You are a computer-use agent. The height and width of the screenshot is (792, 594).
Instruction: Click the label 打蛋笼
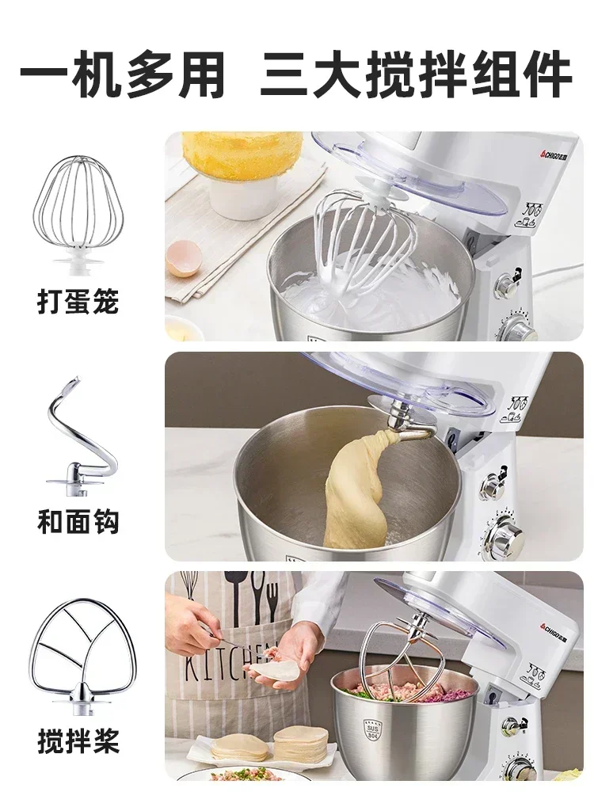[78, 302]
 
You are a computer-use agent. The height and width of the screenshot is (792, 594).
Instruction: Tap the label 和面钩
[78, 521]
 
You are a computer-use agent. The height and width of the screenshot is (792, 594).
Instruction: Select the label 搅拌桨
[78, 741]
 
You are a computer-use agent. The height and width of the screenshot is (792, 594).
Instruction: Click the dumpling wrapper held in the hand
[276, 670]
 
